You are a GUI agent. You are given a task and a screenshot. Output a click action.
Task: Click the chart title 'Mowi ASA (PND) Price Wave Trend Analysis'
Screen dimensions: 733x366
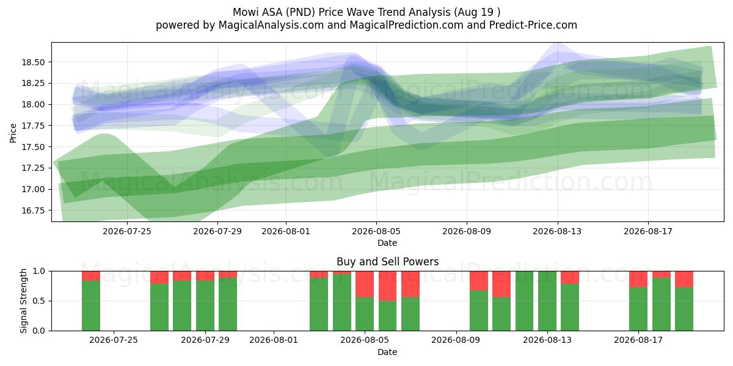(341, 12)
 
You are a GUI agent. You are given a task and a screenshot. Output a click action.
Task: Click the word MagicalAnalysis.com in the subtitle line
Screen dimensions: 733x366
(271, 25)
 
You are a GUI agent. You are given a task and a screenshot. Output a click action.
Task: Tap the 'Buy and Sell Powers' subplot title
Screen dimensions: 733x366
(387, 262)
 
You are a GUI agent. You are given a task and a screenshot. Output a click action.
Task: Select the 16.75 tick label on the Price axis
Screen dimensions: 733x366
(33, 210)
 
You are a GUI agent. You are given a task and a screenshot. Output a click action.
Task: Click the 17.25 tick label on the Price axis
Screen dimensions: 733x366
(33, 168)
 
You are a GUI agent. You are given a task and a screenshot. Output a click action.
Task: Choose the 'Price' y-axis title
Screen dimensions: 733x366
(13, 133)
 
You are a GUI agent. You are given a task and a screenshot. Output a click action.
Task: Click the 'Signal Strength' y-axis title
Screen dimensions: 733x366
(23, 301)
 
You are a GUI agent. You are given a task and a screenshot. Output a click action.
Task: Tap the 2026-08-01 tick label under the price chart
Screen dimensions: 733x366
(286, 231)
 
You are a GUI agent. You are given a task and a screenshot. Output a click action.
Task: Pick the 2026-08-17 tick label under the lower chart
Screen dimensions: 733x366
(638, 340)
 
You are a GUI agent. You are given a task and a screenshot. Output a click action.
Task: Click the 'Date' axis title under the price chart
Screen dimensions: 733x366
(387, 243)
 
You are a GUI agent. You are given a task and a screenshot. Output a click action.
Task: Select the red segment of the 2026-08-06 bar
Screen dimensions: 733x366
(388, 286)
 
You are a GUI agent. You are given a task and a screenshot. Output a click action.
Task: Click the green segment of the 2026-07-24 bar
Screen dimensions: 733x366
(91, 306)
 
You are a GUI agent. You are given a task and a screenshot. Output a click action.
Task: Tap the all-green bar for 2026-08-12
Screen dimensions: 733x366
(524, 301)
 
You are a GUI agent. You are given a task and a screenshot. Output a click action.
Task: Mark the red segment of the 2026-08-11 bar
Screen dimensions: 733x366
(501, 284)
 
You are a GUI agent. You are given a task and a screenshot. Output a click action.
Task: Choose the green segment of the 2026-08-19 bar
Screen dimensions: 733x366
(684, 309)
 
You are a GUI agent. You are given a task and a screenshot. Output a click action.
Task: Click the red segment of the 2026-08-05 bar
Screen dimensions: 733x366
(365, 284)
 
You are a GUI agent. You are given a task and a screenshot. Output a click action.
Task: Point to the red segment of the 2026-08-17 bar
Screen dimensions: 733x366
(638, 279)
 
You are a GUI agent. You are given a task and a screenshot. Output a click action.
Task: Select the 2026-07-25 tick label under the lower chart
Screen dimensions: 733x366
(114, 340)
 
